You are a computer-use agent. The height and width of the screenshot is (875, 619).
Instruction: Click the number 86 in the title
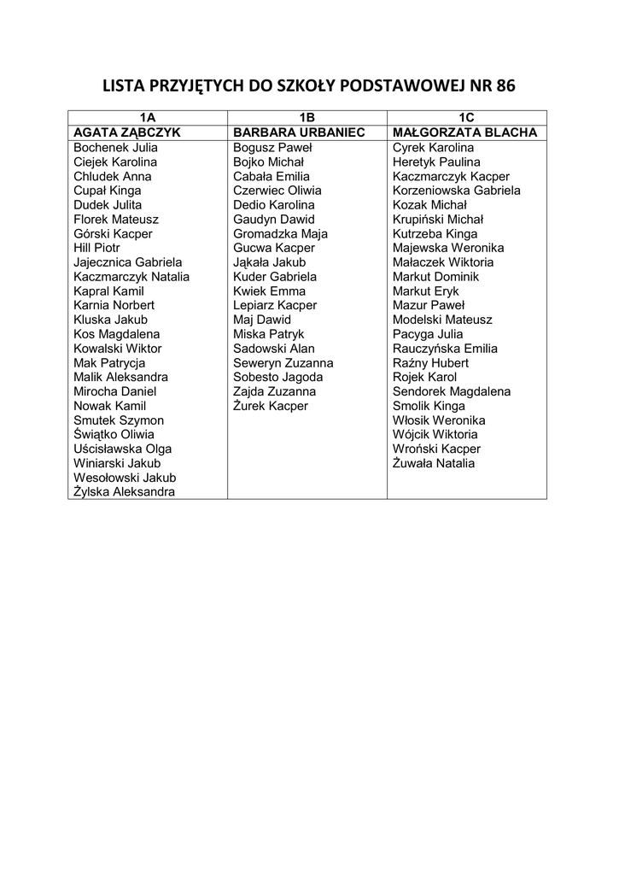503,86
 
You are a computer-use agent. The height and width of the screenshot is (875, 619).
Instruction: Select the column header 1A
148,118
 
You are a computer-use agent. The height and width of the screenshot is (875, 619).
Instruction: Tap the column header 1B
307,118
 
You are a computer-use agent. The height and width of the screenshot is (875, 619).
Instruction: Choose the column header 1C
466,118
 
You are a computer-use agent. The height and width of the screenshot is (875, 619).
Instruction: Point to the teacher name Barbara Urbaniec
299,132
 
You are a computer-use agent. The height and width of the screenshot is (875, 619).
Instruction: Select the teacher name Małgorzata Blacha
464,132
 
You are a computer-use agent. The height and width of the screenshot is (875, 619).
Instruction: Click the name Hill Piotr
97,248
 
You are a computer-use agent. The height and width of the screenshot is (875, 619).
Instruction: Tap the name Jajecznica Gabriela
128,262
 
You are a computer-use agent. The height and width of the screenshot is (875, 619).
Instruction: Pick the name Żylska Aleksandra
125,492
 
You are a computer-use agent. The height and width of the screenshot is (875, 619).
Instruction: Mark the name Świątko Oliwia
114,434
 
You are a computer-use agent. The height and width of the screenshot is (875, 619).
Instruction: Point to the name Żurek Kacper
271,406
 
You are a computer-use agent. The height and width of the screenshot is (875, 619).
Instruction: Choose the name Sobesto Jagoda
277,377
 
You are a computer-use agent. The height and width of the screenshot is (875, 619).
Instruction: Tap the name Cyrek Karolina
433,147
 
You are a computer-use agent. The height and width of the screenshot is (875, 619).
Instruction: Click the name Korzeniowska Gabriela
456,191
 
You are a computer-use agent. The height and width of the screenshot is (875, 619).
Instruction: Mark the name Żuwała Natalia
434,463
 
